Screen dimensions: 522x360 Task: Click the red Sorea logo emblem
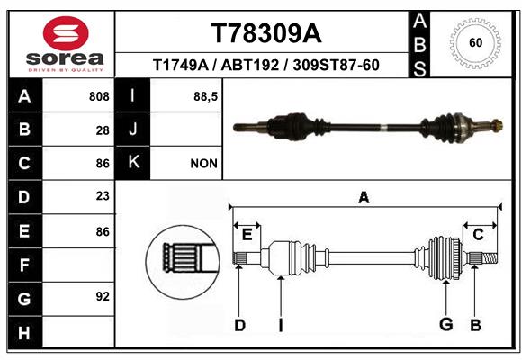tap(66, 33)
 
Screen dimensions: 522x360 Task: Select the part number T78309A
tap(266, 33)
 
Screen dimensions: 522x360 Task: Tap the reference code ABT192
tap(250, 65)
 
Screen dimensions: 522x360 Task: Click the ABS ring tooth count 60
tap(476, 43)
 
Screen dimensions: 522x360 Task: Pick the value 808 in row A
tap(99, 96)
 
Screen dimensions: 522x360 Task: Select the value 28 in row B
tap(103, 130)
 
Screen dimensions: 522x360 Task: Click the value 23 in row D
tap(103, 196)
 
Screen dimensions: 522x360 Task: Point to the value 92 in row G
tap(103, 296)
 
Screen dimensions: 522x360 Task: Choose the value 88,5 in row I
tap(205, 97)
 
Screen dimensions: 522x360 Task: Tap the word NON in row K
tap(203, 164)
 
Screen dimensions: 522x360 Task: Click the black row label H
tap(25, 332)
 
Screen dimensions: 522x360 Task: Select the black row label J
tap(132, 129)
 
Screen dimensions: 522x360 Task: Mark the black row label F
tap(25, 265)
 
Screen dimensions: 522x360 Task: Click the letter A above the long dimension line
tap(364, 198)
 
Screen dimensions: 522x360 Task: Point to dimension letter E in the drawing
tap(247, 235)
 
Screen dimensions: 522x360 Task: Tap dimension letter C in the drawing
tap(478, 235)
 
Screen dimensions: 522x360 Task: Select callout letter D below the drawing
tap(240, 325)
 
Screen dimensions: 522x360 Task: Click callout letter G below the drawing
tap(446, 324)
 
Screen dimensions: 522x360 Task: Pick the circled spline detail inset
tap(183, 263)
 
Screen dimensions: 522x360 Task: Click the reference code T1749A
tap(181, 65)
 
